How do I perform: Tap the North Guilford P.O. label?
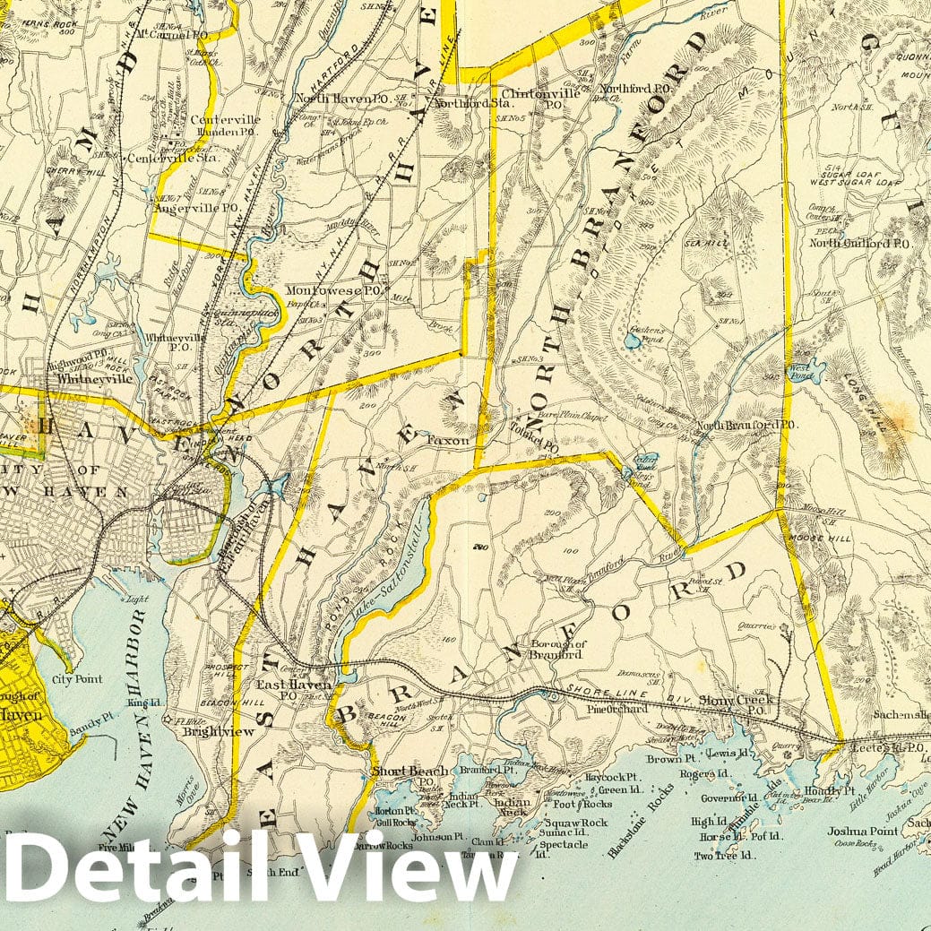pyautogui.click(x=860, y=243)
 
